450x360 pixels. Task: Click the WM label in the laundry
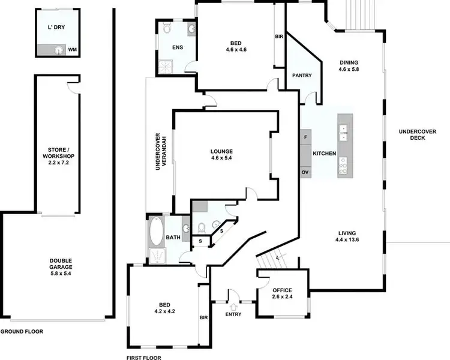click(x=71, y=50)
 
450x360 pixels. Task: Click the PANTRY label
click(x=301, y=76)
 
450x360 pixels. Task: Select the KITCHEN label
click(x=325, y=154)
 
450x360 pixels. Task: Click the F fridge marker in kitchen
click(x=305, y=137)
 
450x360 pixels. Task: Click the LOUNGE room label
click(x=221, y=155)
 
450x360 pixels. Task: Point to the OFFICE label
click(x=282, y=295)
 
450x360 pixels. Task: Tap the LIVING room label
click(x=347, y=236)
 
